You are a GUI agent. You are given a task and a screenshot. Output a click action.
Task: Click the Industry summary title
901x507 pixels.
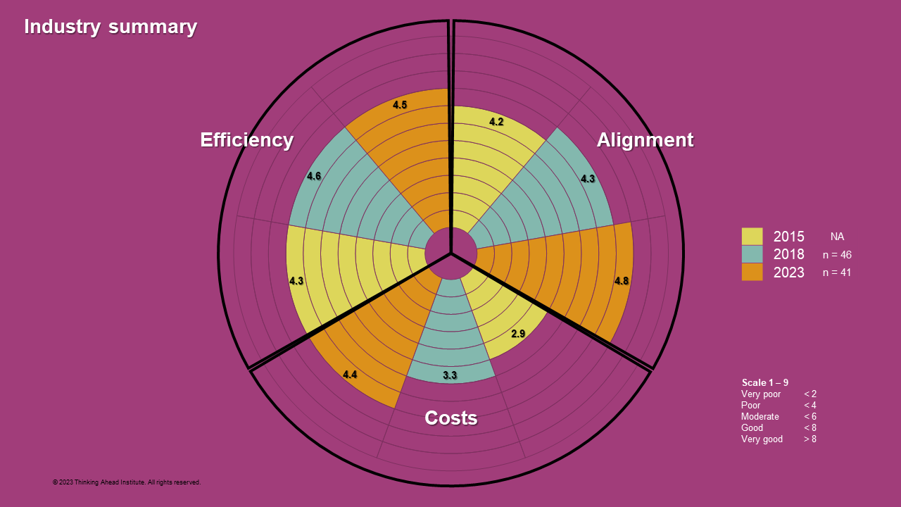pos(111,27)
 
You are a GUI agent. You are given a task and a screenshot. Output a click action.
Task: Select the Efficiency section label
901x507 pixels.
pos(246,140)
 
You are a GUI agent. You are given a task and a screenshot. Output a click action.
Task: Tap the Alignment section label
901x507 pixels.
pos(645,140)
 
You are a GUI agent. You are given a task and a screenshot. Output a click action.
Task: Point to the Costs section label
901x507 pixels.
pos(450,418)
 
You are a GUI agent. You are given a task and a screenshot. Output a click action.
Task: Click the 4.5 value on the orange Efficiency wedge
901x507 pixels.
pos(400,105)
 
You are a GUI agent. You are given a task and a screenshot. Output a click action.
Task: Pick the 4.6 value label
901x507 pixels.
pos(314,176)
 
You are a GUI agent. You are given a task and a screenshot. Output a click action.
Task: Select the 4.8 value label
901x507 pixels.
pos(622,281)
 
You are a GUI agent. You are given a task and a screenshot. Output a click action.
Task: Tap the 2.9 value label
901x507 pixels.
pos(518,334)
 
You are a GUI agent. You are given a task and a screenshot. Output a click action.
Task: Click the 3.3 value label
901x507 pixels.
pos(450,375)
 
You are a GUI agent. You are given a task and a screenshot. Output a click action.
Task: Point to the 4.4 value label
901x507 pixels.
pos(350,375)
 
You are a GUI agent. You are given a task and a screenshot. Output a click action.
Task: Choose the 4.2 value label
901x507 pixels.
pos(496,122)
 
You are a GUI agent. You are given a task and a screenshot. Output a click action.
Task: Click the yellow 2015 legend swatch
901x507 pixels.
pos(752,237)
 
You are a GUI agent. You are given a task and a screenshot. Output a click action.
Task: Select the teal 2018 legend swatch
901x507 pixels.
pos(752,254)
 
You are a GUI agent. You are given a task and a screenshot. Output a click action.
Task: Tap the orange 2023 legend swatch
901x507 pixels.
pos(752,272)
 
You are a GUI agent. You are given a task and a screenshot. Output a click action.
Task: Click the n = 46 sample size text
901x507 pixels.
pos(837,255)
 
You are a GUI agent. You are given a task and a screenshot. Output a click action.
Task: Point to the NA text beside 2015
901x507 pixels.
pos(837,237)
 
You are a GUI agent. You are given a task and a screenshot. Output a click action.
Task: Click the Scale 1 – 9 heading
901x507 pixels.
pos(764,382)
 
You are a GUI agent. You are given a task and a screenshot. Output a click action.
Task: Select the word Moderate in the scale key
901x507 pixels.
pos(760,417)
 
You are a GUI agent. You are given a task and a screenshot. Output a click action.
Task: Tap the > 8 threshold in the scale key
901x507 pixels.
pos(810,439)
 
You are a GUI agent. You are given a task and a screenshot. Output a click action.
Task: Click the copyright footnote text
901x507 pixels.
pos(127,482)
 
